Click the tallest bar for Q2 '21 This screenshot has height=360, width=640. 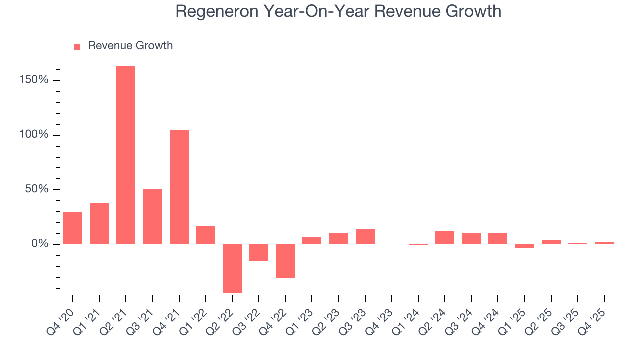pos(126,155)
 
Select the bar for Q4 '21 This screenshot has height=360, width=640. pos(179,187)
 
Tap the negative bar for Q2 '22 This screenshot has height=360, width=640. pos(232,268)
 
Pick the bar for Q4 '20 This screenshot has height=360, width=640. pos(73,228)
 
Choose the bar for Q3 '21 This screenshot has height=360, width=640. pos(153,217)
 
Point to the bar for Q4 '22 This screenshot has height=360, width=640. pos(285,261)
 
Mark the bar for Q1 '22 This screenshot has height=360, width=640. pos(206,235)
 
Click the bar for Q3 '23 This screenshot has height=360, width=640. pos(365,236)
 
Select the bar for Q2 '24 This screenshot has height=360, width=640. pos(445,237)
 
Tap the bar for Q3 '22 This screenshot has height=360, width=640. pos(259,252)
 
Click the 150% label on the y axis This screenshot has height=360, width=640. pos(34,80)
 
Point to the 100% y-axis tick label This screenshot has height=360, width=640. pos(34,135)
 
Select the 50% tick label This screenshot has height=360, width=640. pos(37,189)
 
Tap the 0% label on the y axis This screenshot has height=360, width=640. pos(40,244)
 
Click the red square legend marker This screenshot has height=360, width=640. pos(77,46)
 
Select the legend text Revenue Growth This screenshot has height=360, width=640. pos(130,46)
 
